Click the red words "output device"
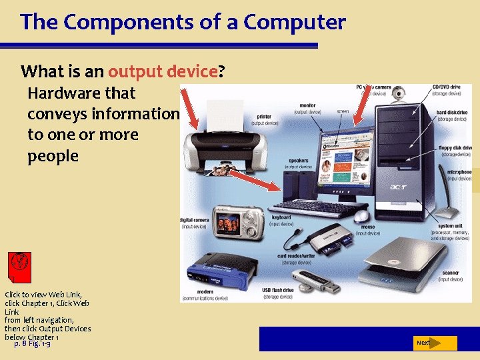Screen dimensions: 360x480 (x=163, y=71)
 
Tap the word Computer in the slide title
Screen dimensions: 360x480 (x=295, y=23)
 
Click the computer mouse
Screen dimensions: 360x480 (x=362, y=216)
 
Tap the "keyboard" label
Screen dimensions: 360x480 (x=281, y=217)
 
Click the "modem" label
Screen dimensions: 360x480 (x=203, y=292)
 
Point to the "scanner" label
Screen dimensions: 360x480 (x=451, y=273)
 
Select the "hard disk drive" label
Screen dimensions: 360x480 (x=451, y=113)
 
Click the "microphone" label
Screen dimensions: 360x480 (x=459, y=172)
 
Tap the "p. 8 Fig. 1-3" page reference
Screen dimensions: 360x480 (x=32, y=343)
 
